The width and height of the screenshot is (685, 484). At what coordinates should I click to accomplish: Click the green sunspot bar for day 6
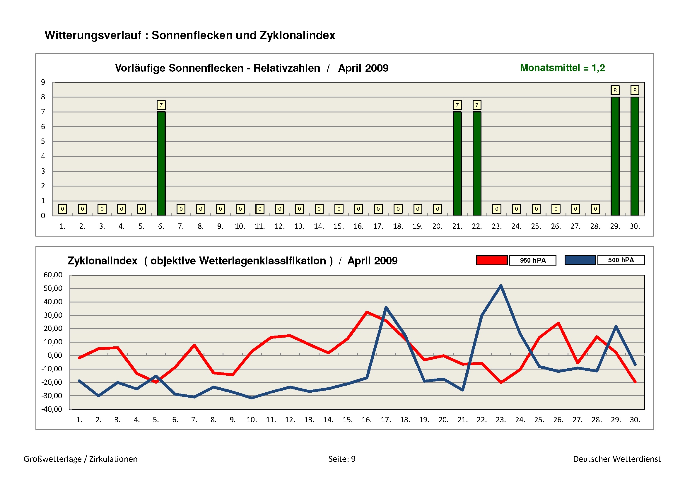pos(161,163)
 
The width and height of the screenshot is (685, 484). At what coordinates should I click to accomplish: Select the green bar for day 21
pos(457,163)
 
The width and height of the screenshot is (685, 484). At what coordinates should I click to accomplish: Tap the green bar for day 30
pos(635,156)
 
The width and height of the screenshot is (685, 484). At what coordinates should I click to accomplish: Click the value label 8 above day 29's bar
pos(615,90)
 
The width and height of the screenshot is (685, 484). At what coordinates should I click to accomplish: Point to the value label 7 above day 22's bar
pos(477,105)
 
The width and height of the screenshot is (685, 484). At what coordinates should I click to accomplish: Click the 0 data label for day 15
pos(339,209)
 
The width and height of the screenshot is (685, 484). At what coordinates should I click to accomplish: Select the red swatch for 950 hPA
pos(492,260)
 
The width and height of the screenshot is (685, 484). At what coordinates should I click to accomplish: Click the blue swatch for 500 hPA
pos(580,260)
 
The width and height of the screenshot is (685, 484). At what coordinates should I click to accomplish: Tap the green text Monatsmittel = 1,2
pos(562,68)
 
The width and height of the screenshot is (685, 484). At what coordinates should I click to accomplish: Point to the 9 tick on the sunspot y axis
pos(43,82)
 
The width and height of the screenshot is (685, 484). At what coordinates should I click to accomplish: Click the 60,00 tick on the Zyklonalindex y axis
pos(53,275)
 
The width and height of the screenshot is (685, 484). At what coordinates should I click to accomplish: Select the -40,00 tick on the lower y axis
pos(52,409)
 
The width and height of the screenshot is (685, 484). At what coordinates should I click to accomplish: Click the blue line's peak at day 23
pos(500,286)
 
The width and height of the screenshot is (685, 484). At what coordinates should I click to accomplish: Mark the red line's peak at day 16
pos(367,312)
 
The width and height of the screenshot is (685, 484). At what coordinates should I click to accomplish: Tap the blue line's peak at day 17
pos(386,307)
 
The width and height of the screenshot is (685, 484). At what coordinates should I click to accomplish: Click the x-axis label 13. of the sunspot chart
pos(299,226)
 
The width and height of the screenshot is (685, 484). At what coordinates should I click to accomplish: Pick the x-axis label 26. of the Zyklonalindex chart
pos(558,420)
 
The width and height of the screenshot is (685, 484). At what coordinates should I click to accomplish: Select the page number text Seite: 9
pos(342,459)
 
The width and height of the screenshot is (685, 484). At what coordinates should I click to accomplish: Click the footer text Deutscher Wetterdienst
pos(617,459)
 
